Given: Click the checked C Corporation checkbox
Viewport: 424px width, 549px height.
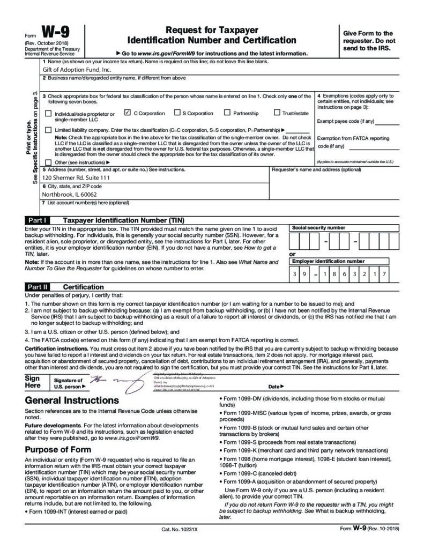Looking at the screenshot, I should (128, 113).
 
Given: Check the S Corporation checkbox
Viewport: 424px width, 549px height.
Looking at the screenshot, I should (177, 113).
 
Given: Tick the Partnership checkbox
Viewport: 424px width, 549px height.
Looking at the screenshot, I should (227, 113).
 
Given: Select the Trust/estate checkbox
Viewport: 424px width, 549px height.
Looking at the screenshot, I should (277, 113).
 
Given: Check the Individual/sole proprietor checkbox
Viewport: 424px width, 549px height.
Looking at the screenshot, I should (49, 114).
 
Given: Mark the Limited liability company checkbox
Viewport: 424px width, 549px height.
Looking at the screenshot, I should (49, 130).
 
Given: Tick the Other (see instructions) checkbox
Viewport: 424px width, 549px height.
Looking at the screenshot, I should (49, 162).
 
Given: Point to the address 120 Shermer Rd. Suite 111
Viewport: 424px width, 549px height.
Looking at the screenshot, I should (76, 177).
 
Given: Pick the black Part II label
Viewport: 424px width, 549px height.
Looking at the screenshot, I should (38, 287).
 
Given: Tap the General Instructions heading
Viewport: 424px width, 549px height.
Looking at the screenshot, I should (72, 400).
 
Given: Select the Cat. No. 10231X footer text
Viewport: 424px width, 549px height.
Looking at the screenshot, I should (180, 529).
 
